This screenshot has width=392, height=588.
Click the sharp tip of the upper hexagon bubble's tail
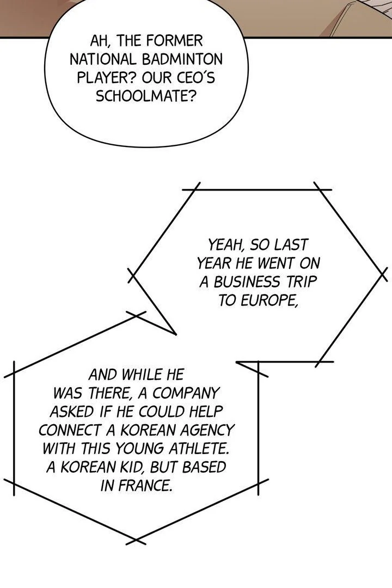pos(175,334)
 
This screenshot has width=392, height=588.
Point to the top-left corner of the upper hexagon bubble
pos(195,190)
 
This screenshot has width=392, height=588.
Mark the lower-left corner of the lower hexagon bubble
pos(14,484)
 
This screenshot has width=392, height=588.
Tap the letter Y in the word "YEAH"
pos(213,245)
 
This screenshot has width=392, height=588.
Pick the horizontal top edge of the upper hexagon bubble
pos(257,190)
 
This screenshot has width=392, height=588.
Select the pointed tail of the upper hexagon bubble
pos(154,304)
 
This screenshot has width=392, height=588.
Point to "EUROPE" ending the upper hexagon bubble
pos(258,301)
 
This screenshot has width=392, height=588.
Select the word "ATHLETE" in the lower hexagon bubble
pos(198,449)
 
